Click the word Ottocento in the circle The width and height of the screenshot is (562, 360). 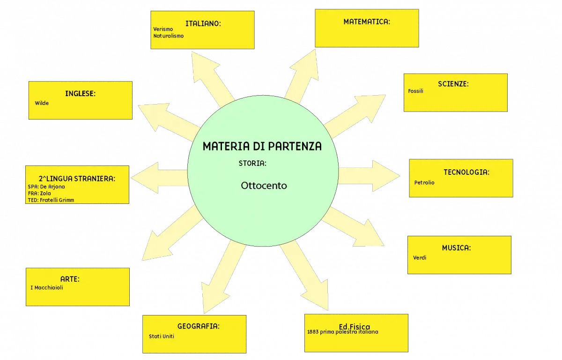[x=264, y=186]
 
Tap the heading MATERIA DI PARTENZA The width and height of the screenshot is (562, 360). [x=262, y=146]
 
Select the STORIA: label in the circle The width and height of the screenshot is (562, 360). [x=252, y=164]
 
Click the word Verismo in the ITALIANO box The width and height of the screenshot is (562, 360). [x=163, y=29]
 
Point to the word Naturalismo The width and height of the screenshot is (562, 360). [x=169, y=36]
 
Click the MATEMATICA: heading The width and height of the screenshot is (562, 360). [x=367, y=22]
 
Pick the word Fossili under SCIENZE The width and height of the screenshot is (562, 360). [x=415, y=91]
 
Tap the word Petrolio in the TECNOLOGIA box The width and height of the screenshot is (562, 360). [x=424, y=182]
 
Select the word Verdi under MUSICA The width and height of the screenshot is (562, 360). [x=420, y=257]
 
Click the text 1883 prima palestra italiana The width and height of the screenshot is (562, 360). [x=343, y=332]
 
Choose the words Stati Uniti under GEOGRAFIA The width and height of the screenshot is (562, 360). [x=161, y=336]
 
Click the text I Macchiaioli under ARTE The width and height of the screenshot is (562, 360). [x=47, y=288]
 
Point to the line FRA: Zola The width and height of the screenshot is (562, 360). [x=39, y=193]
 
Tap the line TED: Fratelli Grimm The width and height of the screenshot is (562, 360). [x=51, y=200]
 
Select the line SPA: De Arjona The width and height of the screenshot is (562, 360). [x=46, y=187]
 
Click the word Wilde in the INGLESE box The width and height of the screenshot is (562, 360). [x=42, y=103]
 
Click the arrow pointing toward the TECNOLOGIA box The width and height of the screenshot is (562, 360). [x=369, y=176]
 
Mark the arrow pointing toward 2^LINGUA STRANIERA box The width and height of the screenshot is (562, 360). [x=160, y=178]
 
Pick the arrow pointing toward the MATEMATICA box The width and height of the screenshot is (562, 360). [x=302, y=76]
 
